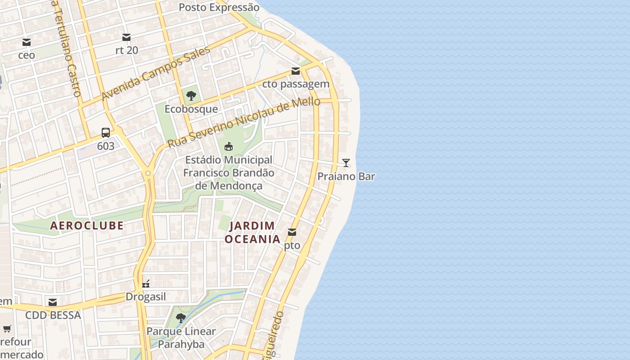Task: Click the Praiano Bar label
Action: point(346,176)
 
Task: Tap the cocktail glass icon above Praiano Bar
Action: point(346,163)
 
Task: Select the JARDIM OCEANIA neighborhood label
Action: point(252,232)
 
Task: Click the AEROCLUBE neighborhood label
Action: point(87,225)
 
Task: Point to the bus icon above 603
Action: point(106,133)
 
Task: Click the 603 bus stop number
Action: point(106,146)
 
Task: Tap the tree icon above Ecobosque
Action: point(191,95)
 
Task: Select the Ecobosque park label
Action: point(191,109)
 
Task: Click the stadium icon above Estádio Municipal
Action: point(229,146)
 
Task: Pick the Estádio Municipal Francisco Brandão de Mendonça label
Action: point(229,173)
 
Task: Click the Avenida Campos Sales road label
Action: point(156,73)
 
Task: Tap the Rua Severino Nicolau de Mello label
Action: point(243,122)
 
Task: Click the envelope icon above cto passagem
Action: point(296,71)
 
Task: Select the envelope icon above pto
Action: point(292,232)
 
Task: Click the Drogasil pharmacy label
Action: point(146,297)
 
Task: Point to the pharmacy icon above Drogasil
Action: point(146,283)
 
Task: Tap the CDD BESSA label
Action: point(53,315)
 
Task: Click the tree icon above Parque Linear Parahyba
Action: point(181,318)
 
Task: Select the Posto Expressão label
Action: point(219,8)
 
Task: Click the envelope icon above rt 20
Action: point(126,37)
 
